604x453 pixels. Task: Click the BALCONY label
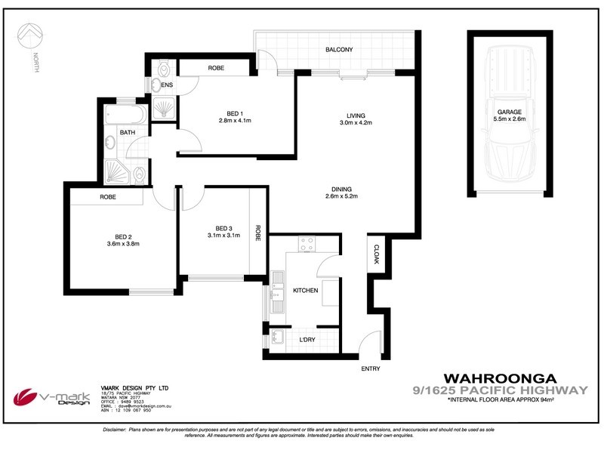click(339, 50)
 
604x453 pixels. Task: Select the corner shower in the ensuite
click(165, 110)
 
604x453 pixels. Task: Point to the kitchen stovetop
click(307, 244)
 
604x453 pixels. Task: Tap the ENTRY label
click(371, 368)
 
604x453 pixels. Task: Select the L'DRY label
click(307, 340)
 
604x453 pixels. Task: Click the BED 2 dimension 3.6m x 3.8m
click(122, 243)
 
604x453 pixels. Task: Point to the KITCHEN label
click(305, 290)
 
